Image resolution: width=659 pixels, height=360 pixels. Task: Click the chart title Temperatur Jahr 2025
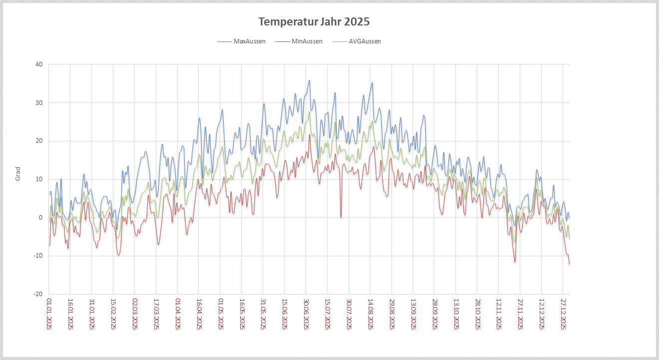(314, 22)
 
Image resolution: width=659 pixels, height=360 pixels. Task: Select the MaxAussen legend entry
(249, 41)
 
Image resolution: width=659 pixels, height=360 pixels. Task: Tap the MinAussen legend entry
(307, 41)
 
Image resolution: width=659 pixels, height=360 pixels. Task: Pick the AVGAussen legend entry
(364, 41)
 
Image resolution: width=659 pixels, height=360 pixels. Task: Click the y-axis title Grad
(18, 174)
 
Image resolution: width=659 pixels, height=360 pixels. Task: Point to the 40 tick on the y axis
(39, 64)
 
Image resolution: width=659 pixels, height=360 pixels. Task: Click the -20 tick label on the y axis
(38, 294)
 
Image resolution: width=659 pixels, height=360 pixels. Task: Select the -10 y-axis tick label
(38, 256)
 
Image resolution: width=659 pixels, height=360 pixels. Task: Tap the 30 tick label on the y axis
(39, 103)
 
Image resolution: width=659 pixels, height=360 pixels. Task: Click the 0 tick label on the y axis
(41, 218)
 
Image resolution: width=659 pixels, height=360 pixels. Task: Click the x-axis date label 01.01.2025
(49, 314)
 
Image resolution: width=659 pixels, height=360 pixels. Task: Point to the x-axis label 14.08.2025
(370, 314)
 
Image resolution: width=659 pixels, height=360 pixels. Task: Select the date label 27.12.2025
(563, 314)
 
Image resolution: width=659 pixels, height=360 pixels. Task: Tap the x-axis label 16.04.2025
(199, 314)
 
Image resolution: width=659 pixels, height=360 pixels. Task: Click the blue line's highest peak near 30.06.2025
(310, 80)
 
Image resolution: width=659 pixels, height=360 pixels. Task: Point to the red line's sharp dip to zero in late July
(341, 217)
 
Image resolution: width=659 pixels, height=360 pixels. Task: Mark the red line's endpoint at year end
(569, 264)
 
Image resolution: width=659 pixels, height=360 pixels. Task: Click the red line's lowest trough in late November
(515, 262)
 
